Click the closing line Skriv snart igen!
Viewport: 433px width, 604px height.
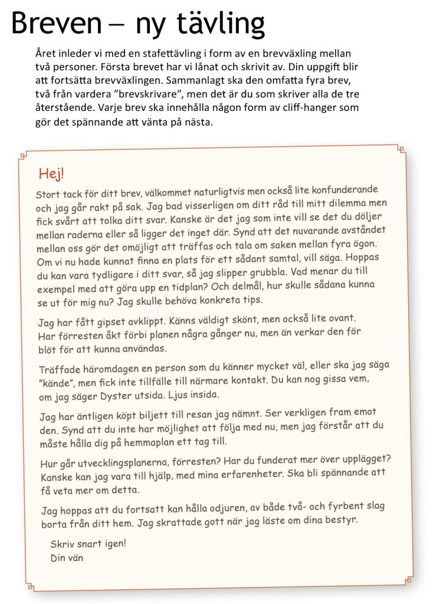pos(88,543)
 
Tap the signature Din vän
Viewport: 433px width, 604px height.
pos(67,557)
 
